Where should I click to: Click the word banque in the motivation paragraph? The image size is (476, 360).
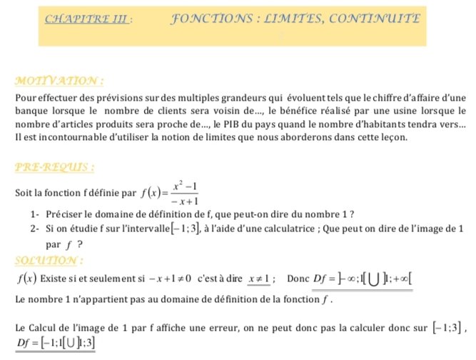pyautogui.click(x=31, y=111)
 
